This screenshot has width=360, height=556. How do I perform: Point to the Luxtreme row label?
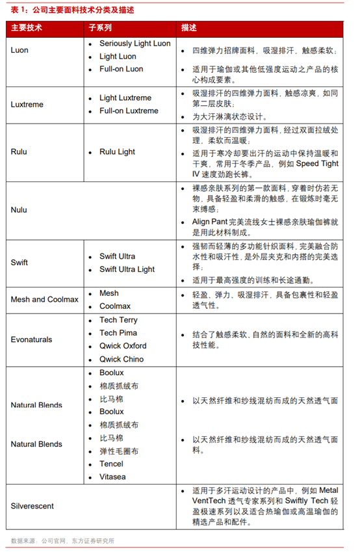27,105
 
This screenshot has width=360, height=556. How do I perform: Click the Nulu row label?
19,210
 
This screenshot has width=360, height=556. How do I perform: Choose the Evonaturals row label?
31,339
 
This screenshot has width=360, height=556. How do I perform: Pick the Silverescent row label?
32,505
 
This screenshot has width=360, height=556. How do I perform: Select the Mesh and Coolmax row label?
44,299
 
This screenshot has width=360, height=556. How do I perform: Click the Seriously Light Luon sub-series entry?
135,44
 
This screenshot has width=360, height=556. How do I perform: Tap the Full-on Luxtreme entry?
129,111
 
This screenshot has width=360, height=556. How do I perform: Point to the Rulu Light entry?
118,152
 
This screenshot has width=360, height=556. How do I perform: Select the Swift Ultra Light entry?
127,269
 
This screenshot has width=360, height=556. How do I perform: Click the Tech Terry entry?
118,320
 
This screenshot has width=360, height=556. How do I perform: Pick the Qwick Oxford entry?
123,346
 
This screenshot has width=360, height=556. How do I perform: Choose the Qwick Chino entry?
122,359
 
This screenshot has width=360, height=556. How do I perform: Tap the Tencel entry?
111,464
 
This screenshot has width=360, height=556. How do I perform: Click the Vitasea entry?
112,477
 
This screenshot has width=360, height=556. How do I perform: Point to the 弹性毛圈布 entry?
119,451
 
